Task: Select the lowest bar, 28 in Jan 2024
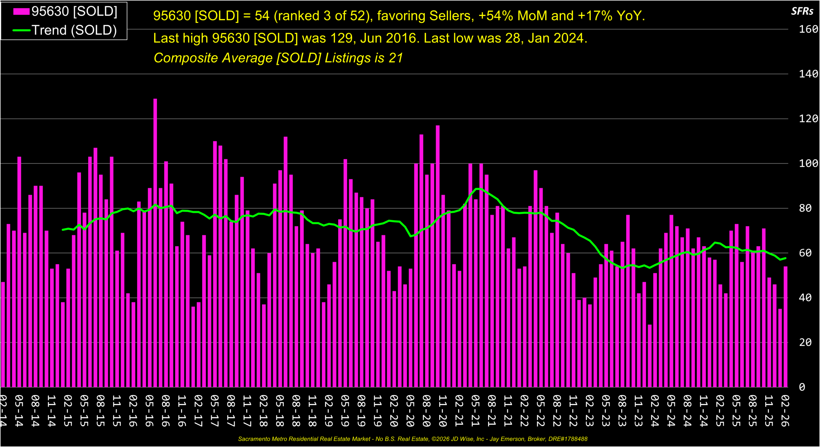(650, 356)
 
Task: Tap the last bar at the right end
(785, 327)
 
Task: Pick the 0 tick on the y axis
(802, 387)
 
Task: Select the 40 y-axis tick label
(805, 298)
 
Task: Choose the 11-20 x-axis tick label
(443, 411)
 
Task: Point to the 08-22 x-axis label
(557, 411)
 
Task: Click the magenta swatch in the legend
(21, 12)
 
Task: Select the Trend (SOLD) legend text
(74, 30)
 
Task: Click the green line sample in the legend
(21, 30)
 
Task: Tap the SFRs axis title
(802, 12)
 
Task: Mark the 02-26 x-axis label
(785, 411)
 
